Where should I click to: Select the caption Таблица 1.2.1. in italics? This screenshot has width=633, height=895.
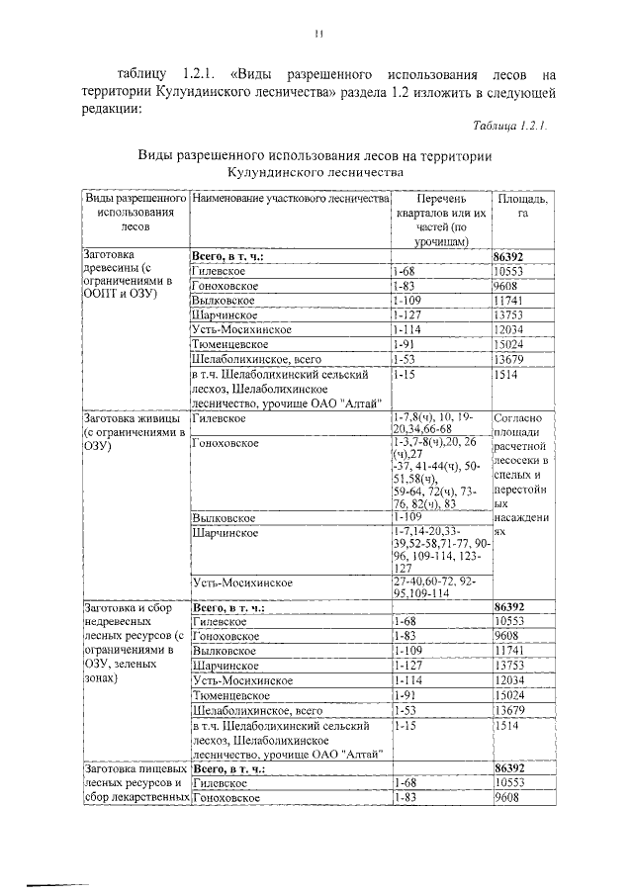point(510,127)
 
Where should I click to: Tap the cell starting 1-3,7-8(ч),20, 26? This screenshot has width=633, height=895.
point(439,472)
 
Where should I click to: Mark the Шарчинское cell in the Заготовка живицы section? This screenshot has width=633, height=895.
point(226,533)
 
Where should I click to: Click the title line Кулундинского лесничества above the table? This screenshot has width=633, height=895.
point(315,172)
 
